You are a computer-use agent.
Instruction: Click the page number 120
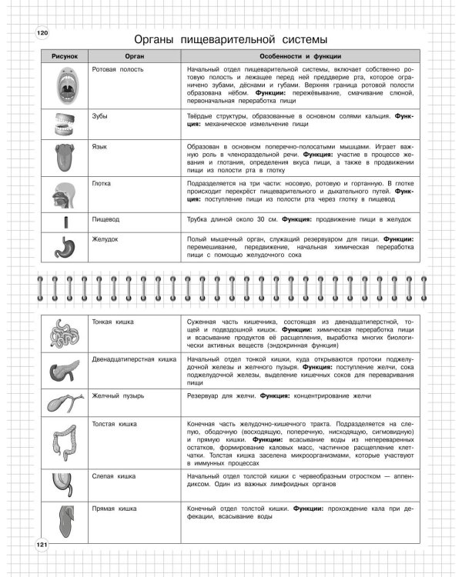[x=42, y=32]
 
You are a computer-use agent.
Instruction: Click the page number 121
[x=42, y=545]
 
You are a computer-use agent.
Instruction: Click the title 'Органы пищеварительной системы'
[x=231, y=38]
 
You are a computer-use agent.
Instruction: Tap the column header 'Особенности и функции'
[x=301, y=58]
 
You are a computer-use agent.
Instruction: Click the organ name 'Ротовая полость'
[x=114, y=69]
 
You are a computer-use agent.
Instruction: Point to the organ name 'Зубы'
[x=99, y=116]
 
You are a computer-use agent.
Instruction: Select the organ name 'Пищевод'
[x=105, y=218]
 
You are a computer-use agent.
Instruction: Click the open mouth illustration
[x=65, y=85]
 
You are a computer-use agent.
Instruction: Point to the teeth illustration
[x=65, y=125]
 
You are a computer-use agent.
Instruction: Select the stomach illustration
[x=65, y=246]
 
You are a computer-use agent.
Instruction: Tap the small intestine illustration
[x=65, y=334]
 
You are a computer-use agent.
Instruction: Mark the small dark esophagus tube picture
[x=65, y=222]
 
